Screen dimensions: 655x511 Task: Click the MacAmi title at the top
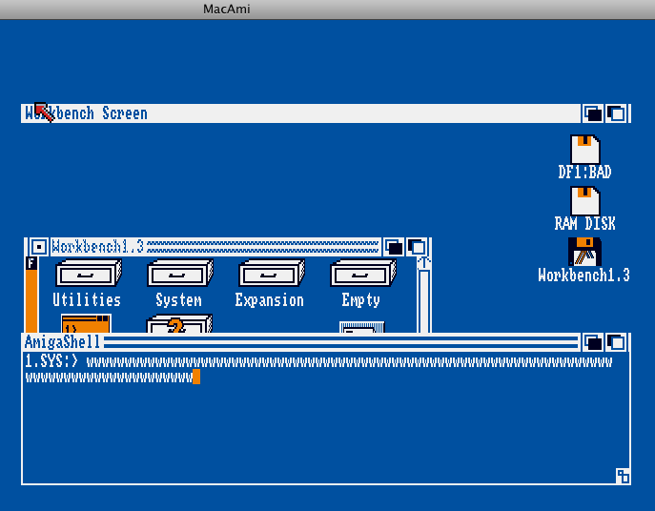point(226,9)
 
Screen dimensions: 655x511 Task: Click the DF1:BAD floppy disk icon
point(584,149)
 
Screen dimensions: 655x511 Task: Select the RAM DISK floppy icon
point(584,201)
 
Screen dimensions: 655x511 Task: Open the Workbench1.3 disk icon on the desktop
point(584,252)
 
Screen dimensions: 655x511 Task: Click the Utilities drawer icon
point(89,273)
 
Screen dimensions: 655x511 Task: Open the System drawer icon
point(180,273)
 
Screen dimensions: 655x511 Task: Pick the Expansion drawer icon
point(272,273)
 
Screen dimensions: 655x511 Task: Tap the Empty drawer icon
point(363,273)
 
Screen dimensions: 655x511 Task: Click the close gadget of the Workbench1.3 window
point(39,247)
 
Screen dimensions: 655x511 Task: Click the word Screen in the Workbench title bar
point(125,113)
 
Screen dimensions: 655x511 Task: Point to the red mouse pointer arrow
point(44,112)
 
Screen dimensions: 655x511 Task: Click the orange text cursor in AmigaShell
point(196,377)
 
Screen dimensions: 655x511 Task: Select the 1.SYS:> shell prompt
point(51,361)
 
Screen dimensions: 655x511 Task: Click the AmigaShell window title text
point(62,342)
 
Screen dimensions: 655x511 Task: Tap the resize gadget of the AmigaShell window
point(623,476)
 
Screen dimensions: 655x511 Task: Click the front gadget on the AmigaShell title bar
point(617,342)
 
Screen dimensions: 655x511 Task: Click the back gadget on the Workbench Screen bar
point(593,113)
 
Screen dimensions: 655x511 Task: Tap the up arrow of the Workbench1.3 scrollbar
point(424,263)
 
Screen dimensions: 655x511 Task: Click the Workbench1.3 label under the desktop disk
point(583,276)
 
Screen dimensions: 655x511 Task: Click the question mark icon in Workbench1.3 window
point(177,325)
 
